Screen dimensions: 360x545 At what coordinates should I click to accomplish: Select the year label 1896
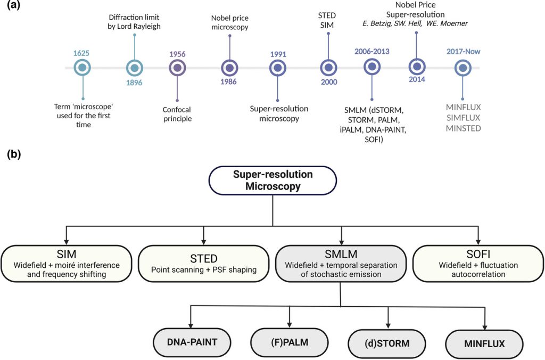point(134,83)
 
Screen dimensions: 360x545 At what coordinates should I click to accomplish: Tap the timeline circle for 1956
point(177,68)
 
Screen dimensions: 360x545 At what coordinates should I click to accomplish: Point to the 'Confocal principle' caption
point(177,114)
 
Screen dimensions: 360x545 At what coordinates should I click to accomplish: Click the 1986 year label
point(229,81)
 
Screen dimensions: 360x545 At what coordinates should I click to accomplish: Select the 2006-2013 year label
point(372,52)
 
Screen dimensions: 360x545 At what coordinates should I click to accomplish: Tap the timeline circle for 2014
point(417,67)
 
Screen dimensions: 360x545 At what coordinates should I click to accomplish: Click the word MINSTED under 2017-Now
point(463,129)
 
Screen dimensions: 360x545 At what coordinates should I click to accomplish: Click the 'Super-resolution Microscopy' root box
point(272,181)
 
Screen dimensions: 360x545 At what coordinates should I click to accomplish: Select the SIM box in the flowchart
point(66,263)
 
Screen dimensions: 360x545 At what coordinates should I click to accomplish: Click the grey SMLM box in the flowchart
point(341,263)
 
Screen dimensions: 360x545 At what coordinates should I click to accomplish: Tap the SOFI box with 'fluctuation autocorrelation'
point(478,263)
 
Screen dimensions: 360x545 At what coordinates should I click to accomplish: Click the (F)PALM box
point(289,342)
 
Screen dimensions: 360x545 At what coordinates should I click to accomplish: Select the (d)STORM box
point(387,342)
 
